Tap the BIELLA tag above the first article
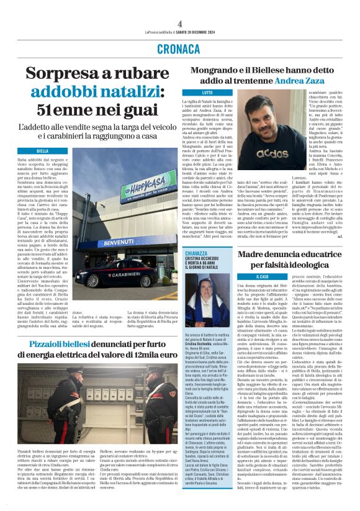coord(43,151)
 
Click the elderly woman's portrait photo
coord(199,320)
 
